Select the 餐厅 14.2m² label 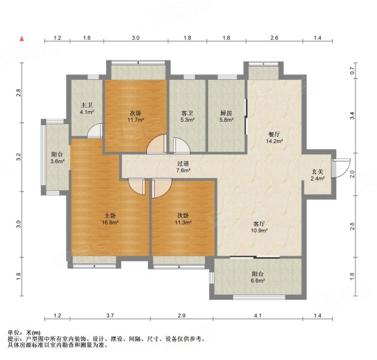coord(274,138)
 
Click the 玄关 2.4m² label coord(317,175)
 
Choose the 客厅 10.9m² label coord(259,226)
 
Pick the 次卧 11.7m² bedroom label coord(135,116)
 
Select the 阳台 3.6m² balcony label coord(58,158)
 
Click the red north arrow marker coord(22,39)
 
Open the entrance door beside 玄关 coord(340,167)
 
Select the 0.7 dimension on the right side coord(354,70)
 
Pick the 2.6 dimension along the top coord(274,38)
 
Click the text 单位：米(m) coord(24,332)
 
